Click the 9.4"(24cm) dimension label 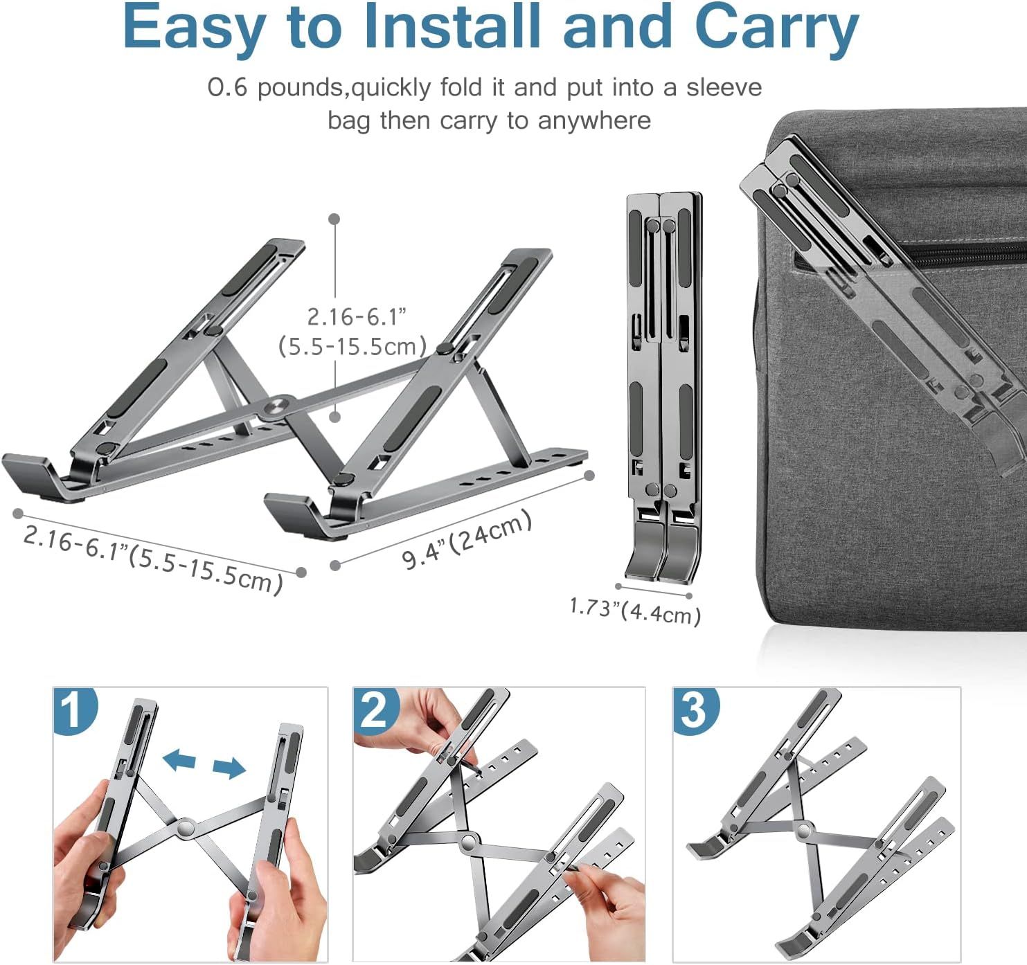467,540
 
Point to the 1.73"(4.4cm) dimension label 635,611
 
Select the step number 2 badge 377,710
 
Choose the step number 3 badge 696,710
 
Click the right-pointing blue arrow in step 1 229,768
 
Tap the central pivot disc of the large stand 278,405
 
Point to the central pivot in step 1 185,827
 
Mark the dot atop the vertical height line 334,219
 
